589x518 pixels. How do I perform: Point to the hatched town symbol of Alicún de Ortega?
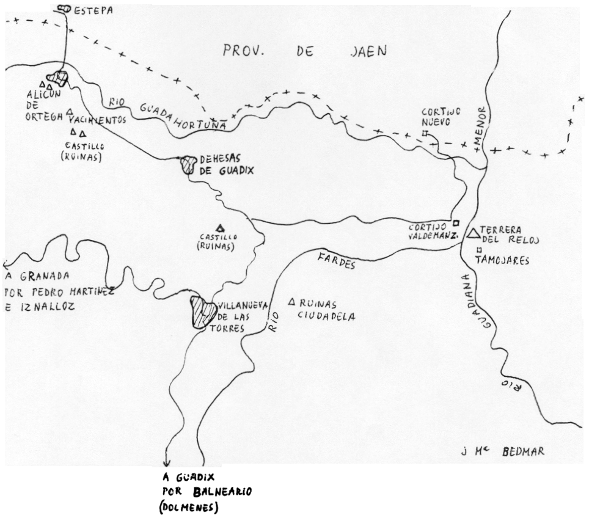point(59,78)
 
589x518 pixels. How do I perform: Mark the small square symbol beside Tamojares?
point(479,250)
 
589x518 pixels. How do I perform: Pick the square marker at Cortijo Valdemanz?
point(455,222)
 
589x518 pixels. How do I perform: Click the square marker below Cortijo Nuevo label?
point(424,133)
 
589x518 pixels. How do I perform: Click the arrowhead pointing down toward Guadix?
point(167,464)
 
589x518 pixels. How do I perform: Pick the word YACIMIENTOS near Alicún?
point(101,120)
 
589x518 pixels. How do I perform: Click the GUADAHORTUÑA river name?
point(187,117)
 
